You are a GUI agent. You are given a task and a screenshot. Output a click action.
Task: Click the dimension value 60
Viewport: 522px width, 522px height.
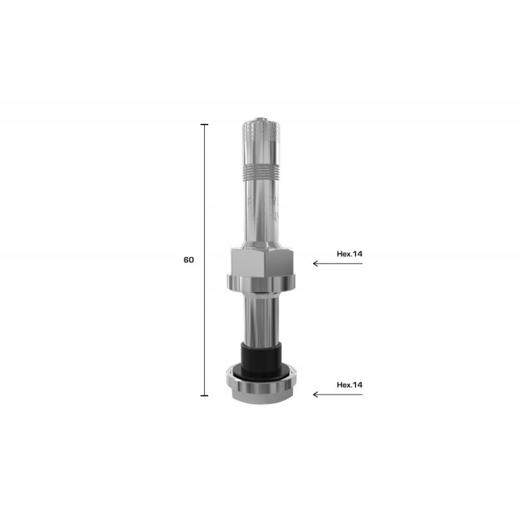tap(189, 260)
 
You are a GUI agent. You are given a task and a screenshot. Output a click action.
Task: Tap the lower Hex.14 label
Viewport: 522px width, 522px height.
tap(349, 384)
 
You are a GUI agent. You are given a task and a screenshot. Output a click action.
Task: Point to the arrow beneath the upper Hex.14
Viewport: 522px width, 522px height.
tap(337, 264)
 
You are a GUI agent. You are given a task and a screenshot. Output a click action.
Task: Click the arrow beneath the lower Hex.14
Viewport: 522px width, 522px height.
tap(337, 395)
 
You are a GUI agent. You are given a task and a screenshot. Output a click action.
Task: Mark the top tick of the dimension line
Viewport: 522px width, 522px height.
tap(204, 124)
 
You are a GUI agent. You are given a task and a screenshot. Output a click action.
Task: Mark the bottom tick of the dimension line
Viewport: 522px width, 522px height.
tap(204, 395)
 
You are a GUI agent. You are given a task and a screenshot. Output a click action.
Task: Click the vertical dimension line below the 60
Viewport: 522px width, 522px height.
tap(204, 326)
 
